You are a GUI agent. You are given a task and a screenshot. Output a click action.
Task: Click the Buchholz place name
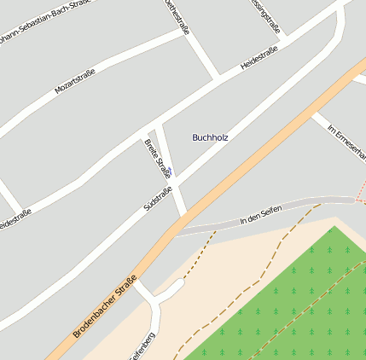coord(210,136)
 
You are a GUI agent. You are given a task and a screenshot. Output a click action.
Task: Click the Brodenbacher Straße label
coord(105,306)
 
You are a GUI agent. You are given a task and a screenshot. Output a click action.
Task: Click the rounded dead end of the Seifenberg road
coord(179,284)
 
